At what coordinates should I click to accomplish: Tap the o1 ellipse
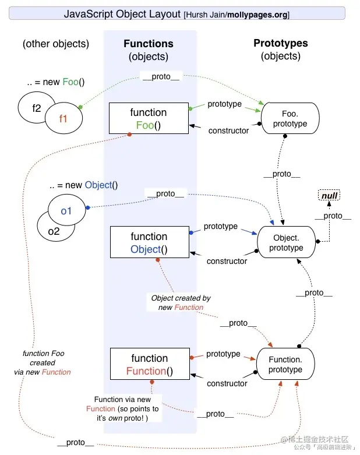click(x=66, y=210)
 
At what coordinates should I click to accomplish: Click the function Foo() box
click(x=149, y=119)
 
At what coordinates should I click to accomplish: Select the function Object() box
click(x=149, y=243)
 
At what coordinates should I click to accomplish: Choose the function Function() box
click(x=149, y=365)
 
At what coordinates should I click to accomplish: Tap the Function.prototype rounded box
click(x=285, y=365)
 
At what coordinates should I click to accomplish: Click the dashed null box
click(x=329, y=196)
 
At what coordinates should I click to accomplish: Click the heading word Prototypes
click(x=281, y=43)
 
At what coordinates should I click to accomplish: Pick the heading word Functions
click(x=149, y=44)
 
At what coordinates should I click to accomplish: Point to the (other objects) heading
click(x=56, y=44)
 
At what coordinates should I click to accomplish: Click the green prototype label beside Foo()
click(x=224, y=104)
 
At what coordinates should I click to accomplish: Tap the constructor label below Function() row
click(x=227, y=383)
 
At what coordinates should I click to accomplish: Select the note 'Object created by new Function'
click(x=181, y=302)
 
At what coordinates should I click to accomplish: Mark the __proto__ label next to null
click(x=333, y=216)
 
